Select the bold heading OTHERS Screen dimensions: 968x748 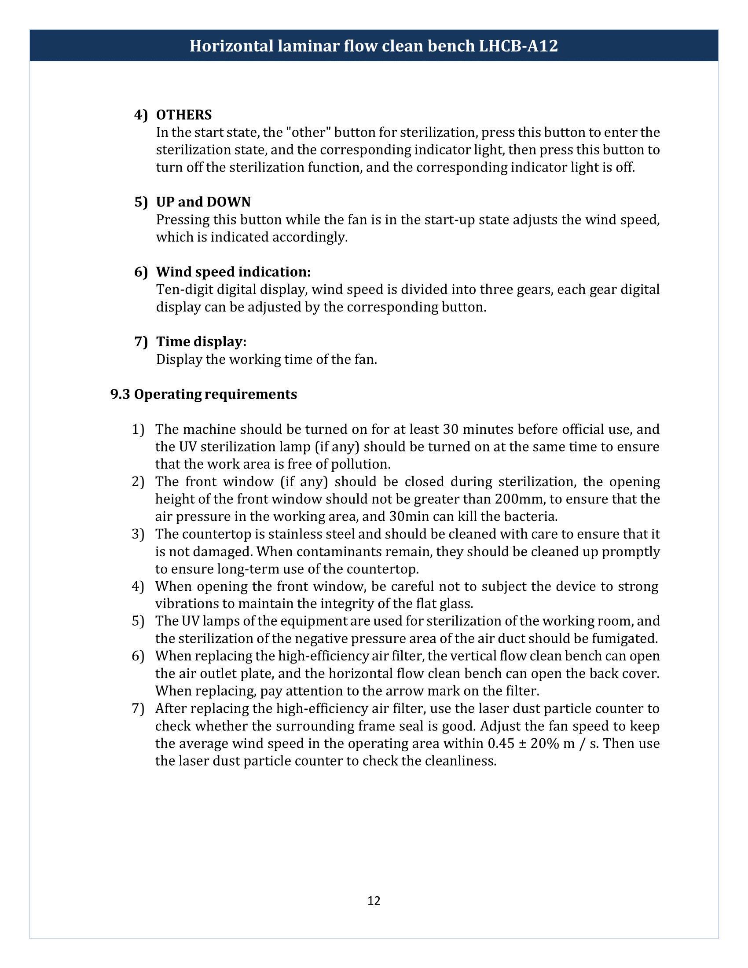point(184,115)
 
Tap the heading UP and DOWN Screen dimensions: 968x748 point(203,202)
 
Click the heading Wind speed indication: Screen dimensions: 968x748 point(233,271)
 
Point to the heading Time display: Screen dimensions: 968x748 point(201,342)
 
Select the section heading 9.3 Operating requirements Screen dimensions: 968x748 point(203,394)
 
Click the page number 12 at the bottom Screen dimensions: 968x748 point(374,901)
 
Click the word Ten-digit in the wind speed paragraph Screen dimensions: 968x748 point(183,290)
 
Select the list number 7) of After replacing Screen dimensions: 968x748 point(138,709)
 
